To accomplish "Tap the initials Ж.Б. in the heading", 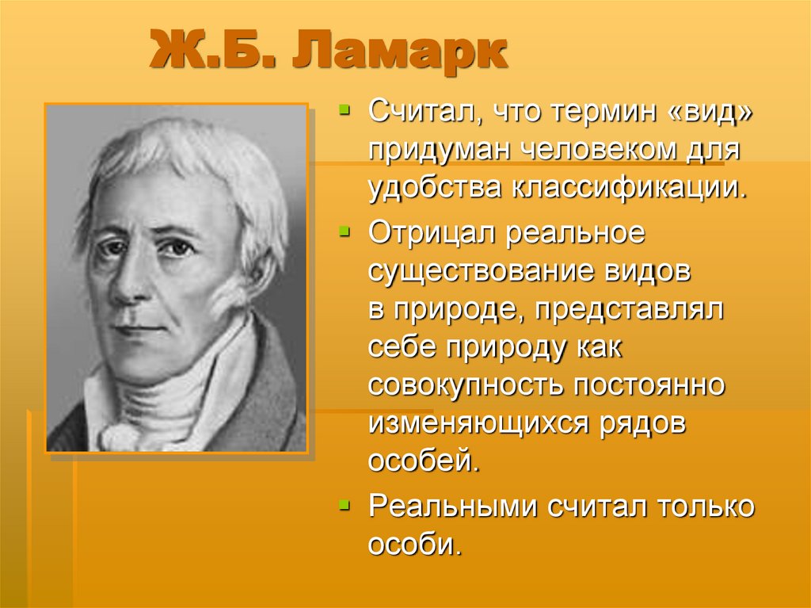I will coord(208,53).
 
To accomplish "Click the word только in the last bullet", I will coord(703,506).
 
